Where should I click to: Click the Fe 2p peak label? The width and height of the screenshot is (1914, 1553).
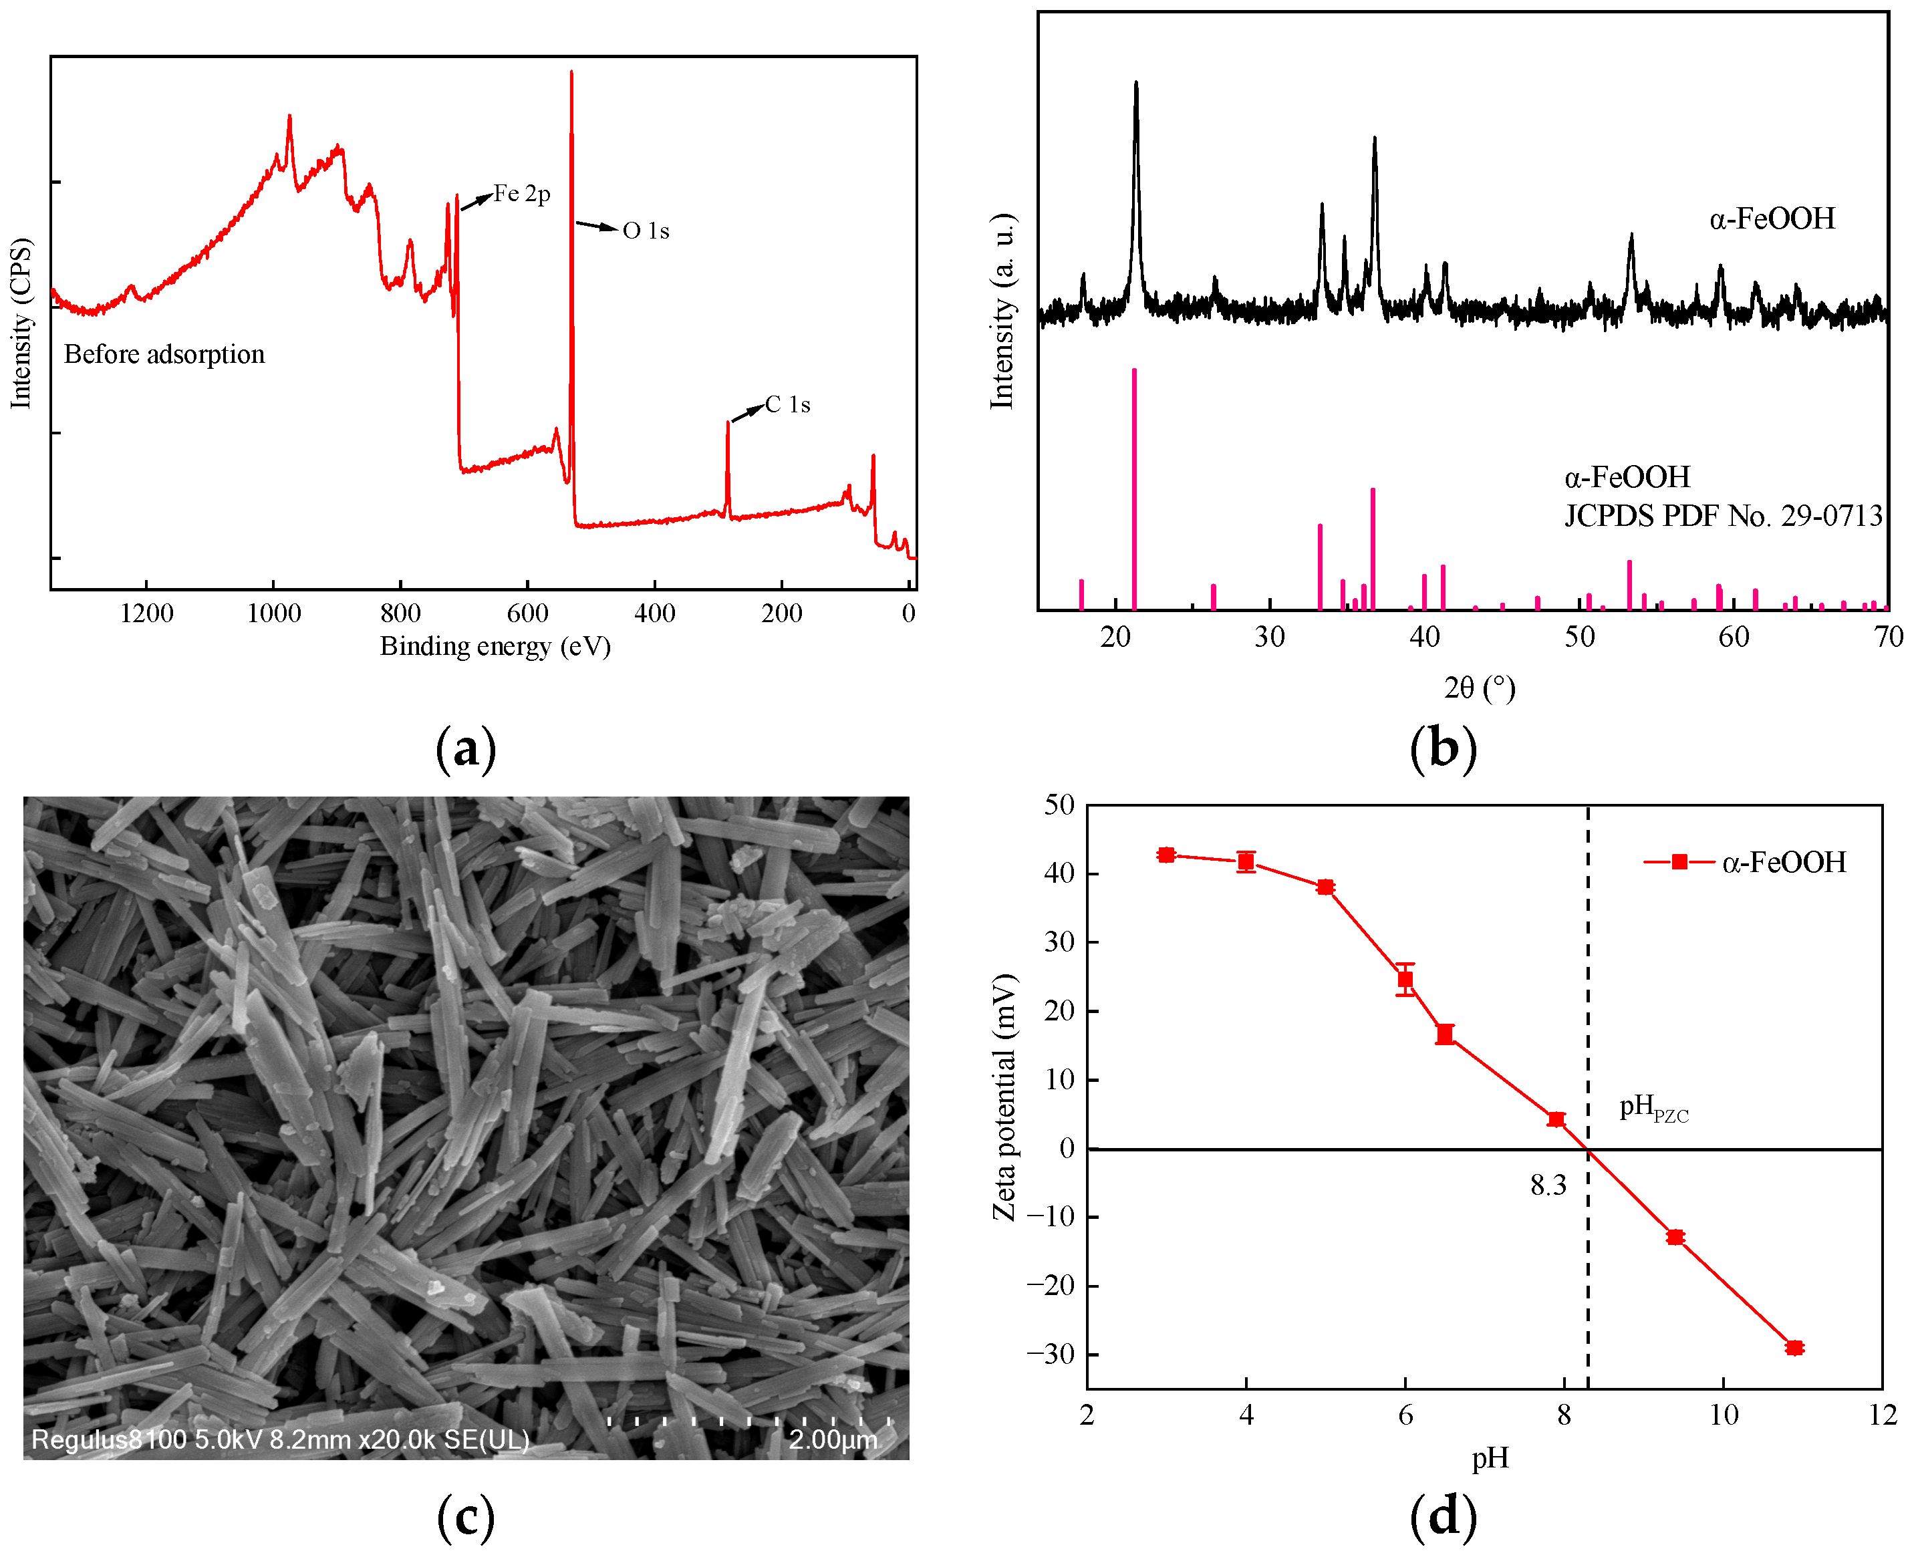tap(522, 194)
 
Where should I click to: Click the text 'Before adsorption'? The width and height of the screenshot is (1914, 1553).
tap(164, 354)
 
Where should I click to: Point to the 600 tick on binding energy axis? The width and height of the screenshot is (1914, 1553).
tap(527, 613)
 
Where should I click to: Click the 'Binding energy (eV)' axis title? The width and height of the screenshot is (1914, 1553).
tap(495, 647)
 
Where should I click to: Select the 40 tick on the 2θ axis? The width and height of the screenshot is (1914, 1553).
tap(1425, 637)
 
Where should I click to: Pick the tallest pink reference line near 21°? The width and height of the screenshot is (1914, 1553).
tap(1133, 488)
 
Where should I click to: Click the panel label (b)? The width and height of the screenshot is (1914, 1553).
tap(1442, 748)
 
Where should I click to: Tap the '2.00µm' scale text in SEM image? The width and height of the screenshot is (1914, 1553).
tap(832, 1439)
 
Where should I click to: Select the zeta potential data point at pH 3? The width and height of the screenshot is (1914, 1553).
tap(1166, 855)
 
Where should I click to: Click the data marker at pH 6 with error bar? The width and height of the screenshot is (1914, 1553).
tap(1405, 980)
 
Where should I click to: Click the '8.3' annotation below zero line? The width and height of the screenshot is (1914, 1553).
tap(1548, 1186)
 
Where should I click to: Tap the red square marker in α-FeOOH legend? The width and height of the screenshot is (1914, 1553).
tap(1679, 861)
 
